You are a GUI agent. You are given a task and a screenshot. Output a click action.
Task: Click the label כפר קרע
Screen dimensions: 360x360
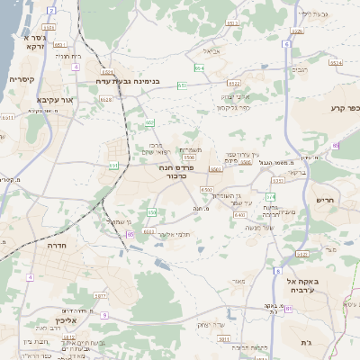[x=343, y=108]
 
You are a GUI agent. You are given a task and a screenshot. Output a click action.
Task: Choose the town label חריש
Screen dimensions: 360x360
[x=324, y=200]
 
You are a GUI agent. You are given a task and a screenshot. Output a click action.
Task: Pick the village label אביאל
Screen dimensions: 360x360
[x=211, y=51]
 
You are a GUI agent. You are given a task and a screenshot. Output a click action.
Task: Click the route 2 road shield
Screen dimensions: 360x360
[x=51, y=11]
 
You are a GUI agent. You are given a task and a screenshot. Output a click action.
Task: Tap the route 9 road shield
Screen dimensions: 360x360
[x=104, y=315]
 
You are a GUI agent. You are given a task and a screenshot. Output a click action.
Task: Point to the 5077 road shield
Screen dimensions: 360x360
[x=100, y=294]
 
